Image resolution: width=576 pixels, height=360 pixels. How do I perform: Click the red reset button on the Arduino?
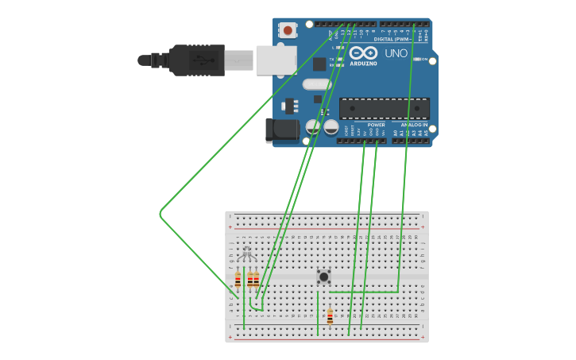click(288, 30)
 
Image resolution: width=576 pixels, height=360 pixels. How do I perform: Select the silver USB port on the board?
click(276, 60)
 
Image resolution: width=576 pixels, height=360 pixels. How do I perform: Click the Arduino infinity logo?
click(363, 52)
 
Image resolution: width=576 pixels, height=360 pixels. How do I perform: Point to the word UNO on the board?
click(396, 53)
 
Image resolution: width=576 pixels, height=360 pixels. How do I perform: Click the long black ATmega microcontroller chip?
click(385, 109)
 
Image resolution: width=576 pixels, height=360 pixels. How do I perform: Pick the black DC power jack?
click(282, 130)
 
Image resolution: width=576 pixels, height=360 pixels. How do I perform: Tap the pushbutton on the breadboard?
click(323, 277)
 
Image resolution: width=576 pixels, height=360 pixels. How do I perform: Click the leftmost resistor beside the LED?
click(238, 280)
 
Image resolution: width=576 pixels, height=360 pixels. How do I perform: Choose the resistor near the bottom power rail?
click(330, 316)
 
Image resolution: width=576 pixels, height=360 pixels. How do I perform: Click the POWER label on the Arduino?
click(376, 125)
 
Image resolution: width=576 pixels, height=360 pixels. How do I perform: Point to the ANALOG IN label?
click(413, 125)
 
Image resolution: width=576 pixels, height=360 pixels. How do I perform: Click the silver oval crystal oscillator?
click(316, 84)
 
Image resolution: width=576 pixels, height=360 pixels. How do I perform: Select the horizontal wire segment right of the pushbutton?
click(364, 292)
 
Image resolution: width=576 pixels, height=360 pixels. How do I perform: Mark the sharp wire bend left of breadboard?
click(160, 213)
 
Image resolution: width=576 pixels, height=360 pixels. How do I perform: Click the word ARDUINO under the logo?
click(363, 63)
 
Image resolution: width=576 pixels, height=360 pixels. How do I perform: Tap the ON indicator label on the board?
click(423, 60)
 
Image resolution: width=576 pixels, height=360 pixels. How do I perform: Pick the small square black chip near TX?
click(319, 64)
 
